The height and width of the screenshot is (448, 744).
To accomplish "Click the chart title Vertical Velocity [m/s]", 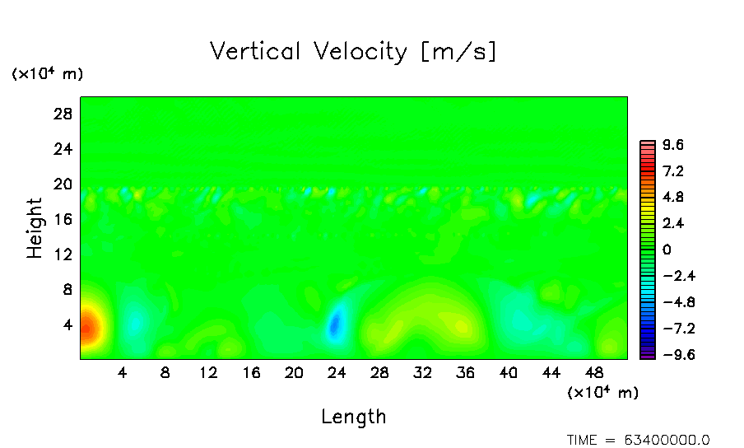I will tap(353, 52).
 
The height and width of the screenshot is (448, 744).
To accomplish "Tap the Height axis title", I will tap(35, 228).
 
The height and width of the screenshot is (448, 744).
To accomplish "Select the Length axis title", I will tap(353, 417).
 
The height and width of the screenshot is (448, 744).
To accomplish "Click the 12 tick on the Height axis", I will tap(63, 254).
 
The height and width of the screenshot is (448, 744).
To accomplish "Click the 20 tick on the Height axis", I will tap(63, 184).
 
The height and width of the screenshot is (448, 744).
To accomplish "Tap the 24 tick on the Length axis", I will tap(336, 373).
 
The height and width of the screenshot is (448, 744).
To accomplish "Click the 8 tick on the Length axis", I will tap(165, 373).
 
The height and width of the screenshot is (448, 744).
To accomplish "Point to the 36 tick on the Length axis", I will tap(465, 373).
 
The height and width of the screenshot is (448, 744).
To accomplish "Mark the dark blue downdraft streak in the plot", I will tap(334, 324).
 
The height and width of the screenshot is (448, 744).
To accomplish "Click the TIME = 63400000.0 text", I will tap(638, 440).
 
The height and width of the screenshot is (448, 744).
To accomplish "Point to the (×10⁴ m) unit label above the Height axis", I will tap(47, 74).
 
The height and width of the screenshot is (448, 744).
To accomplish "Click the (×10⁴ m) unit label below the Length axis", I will tap(602, 392).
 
